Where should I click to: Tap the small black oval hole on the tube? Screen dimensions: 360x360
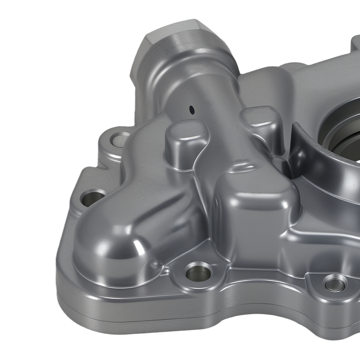(x=192, y=109)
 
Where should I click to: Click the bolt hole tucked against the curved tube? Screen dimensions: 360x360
(x=93, y=198)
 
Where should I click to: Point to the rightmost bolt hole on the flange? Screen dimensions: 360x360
(x=335, y=283)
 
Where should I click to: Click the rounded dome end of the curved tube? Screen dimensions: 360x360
(x=108, y=248)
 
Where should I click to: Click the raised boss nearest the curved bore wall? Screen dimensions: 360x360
(x=261, y=122)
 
